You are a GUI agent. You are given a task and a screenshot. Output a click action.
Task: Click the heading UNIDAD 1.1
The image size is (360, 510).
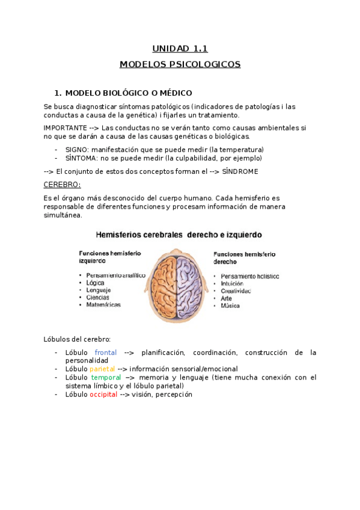(x=180, y=49)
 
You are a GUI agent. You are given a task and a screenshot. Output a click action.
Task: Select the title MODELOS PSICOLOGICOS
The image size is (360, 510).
(x=180, y=64)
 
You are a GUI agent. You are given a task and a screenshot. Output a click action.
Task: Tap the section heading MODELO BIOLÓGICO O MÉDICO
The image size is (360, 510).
(x=128, y=93)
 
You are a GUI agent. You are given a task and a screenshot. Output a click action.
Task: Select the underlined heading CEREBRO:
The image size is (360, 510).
(x=62, y=184)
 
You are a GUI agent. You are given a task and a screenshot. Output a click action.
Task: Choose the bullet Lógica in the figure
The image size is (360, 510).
(x=95, y=282)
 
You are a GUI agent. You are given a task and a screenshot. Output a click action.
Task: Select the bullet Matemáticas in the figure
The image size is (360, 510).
(x=103, y=304)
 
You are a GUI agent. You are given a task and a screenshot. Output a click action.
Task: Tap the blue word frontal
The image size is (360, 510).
(x=106, y=352)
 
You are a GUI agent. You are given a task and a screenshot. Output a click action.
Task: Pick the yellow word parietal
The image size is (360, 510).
(x=102, y=369)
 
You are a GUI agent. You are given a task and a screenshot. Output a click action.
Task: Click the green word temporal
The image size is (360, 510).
(x=106, y=377)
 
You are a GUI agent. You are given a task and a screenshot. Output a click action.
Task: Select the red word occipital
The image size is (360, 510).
(x=103, y=395)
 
